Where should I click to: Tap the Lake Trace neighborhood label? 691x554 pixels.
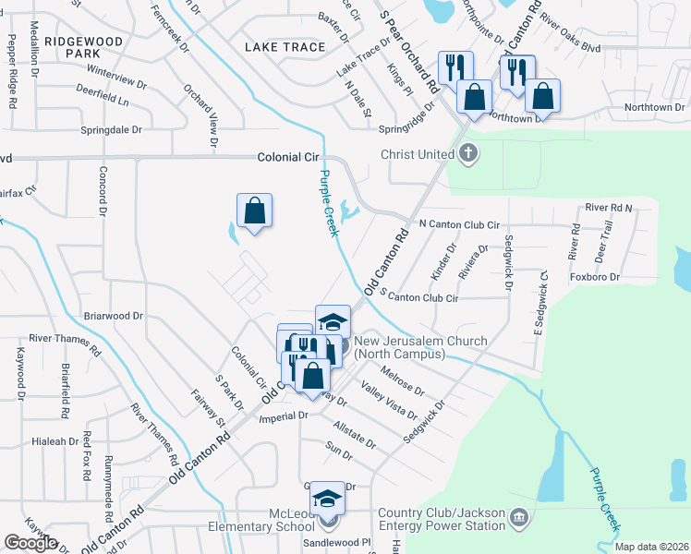(x=285, y=47)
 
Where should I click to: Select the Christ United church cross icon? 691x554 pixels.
(x=468, y=153)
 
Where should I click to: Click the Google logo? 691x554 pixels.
(x=30, y=543)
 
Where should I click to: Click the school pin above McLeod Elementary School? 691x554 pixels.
(x=327, y=500)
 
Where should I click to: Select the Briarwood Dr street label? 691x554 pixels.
(x=114, y=315)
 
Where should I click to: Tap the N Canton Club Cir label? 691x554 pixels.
(x=459, y=224)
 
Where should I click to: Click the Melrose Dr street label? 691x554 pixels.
(x=402, y=381)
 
